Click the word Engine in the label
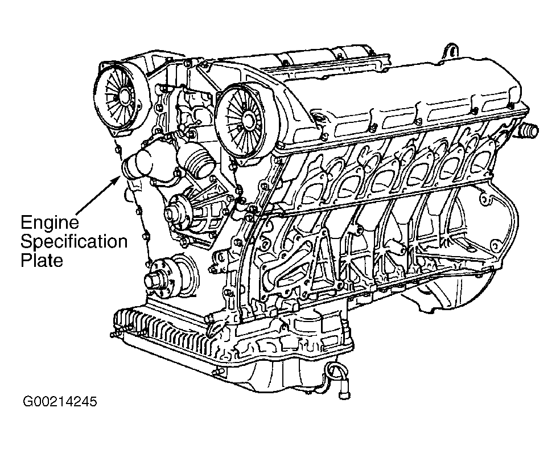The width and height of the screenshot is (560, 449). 50,223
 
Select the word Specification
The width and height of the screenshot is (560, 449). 74,241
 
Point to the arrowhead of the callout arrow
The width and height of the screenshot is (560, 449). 118,178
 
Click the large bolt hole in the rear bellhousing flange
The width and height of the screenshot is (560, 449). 484,201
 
